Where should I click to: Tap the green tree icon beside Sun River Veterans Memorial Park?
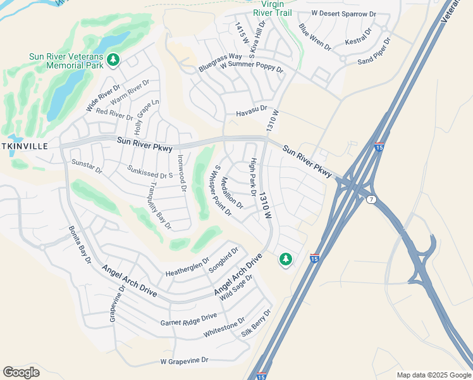click(x=114, y=60)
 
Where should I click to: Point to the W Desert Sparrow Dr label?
click(x=343, y=13)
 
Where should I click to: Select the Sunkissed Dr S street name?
click(x=150, y=172)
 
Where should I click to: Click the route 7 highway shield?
click(x=370, y=200)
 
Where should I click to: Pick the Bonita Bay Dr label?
click(x=80, y=244)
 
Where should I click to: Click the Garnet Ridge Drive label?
click(x=188, y=319)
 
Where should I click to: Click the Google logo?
click(x=21, y=372)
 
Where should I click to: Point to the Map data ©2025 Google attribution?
click(x=434, y=375)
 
